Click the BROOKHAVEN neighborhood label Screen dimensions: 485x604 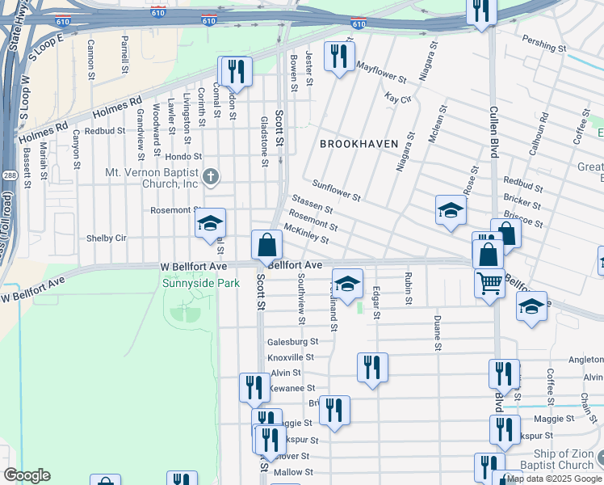(x=359, y=144)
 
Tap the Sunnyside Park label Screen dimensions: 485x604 (x=200, y=284)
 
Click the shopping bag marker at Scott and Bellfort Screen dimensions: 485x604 (x=266, y=245)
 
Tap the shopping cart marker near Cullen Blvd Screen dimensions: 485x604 (x=489, y=285)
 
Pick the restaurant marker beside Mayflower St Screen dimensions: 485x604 (x=337, y=57)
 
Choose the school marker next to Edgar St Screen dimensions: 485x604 (x=347, y=285)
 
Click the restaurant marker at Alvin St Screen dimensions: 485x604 (x=371, y=367)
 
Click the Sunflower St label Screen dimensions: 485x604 (x=336, y=191)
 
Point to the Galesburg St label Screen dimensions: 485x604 (x=293, y=341)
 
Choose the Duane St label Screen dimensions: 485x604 (x=437, y=335)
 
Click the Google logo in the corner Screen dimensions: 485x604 (x=27, y=474)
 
